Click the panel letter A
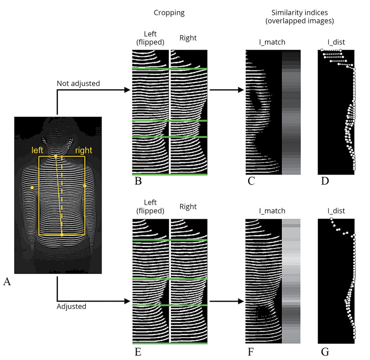coord(7,282)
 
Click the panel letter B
coord(138,181)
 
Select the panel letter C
coord(251,181)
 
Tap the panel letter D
coord(324,181)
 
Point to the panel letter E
coord(138,352)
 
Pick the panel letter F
coord(251,352)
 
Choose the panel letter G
coord(325,352)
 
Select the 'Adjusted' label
coord(72,306)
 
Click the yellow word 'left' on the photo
coord(40,149)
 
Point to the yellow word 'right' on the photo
coord(83,149)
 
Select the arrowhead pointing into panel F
coord(241,301)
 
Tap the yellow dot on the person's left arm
coord(32,188)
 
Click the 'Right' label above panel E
coord(188,206)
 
